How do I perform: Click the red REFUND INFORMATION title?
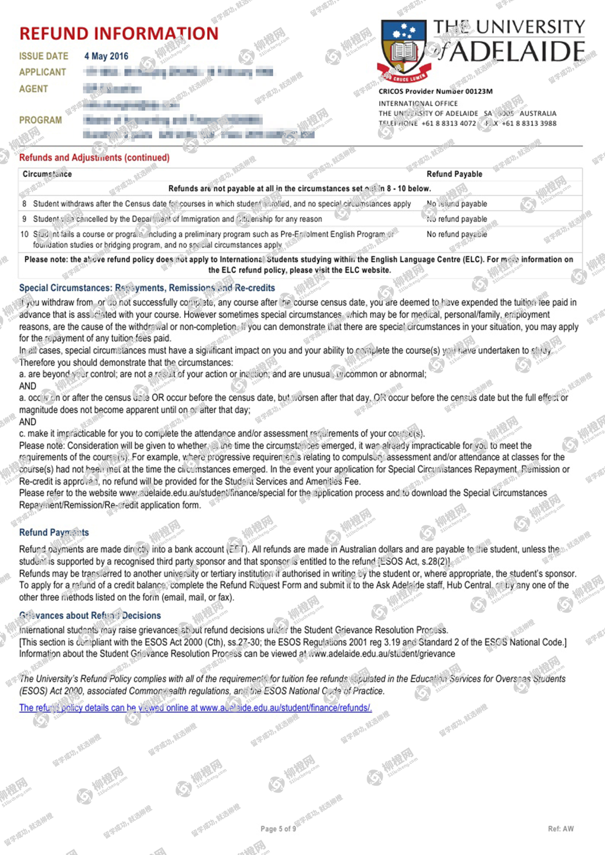pos(119,34)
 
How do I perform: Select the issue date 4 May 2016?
pos(106,56)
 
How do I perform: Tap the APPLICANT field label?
pos(42,72)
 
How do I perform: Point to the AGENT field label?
pos(33,89)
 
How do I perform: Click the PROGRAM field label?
pos(40,120)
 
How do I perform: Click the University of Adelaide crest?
pos(404,50)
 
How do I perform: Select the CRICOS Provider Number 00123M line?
pos(435,92)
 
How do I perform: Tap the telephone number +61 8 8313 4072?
pos(449,123)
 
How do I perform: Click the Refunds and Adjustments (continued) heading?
pos(94,157)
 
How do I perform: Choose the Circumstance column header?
pos(47,174)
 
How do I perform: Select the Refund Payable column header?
pos(454,174)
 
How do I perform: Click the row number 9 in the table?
pos(24,219)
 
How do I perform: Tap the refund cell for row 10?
pos(456,234)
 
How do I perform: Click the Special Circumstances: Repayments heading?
pos(147,288)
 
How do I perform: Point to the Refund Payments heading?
pos(54,533)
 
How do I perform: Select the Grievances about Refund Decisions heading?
pos(90,616)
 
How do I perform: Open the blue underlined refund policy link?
pos(195,708)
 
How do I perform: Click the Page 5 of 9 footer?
pos(278,829)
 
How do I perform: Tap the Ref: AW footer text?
pos(560,829)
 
